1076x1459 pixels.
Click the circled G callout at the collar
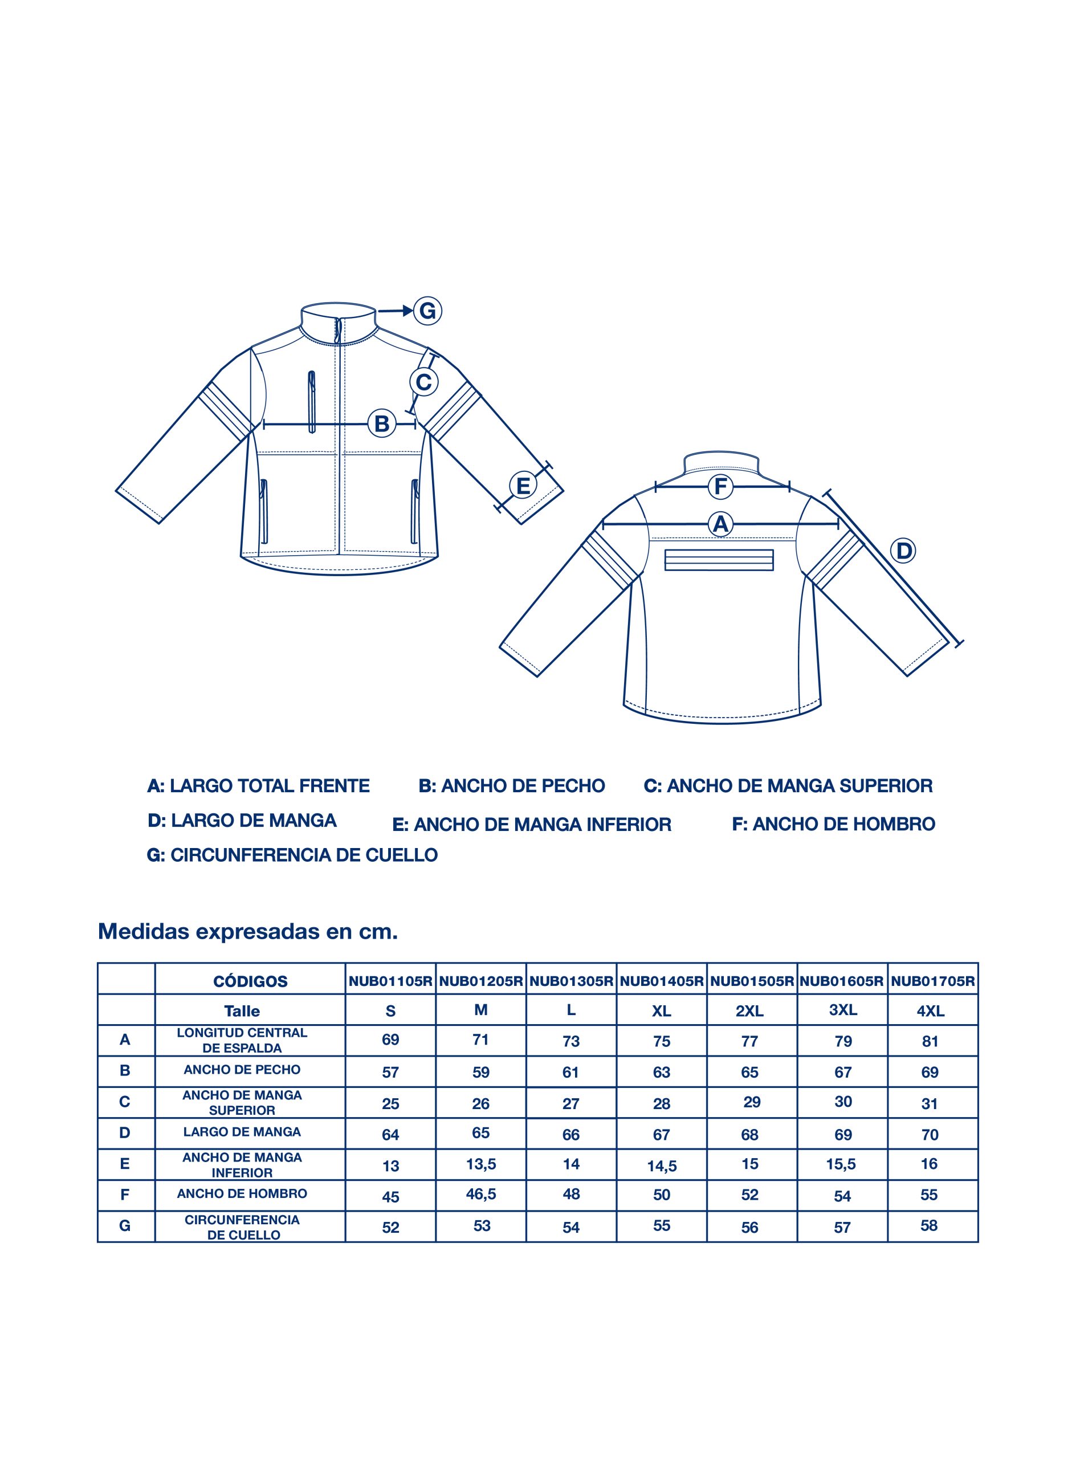(x=427, y=311)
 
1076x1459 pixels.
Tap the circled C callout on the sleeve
(x=423, y=382)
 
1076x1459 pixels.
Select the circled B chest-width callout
(x=382, y=424)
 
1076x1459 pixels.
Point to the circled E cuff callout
(x=523, y=486)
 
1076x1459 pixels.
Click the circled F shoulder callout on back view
(x=720, y=486)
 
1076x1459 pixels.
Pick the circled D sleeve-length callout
(x=903, y=551)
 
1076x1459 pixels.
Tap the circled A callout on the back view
(x=720, y=524)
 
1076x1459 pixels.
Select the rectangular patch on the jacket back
(x=719, y=560)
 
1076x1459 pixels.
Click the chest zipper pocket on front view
(x=312, y=402)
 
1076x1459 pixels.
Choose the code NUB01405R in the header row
(x=662, y=981)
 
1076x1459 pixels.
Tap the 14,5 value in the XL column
(x=662, y=1166)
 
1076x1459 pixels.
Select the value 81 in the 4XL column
(x=930, y=1041)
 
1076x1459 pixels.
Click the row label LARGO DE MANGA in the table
(x=242, y=1132)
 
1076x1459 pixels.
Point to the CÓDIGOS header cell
(x=250, y=981)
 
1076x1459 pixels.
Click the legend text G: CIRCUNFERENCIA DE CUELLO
(x=292, y=855)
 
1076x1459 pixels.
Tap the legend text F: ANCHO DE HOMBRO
(x=833, y=824)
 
